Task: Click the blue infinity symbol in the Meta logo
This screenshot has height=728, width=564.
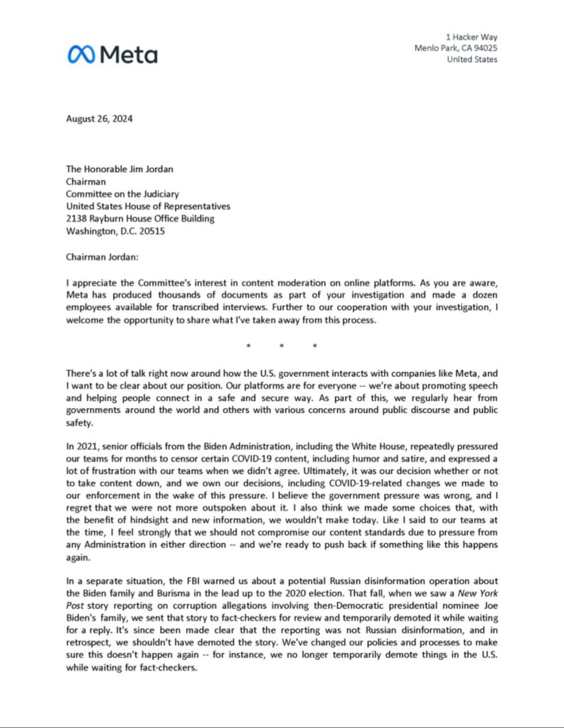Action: click(82, 54)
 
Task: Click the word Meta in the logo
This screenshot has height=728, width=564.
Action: click(129, 54)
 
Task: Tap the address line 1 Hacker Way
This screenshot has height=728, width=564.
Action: click(472, 36)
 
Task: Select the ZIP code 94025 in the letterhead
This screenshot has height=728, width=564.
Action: click(484, 48)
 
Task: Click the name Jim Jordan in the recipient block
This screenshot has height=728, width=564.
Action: click(155, 170)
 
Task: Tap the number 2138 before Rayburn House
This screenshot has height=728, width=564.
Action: click(78, 218)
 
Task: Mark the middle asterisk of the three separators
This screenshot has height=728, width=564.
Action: click(281, 347)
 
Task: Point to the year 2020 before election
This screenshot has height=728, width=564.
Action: click(284, 591)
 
